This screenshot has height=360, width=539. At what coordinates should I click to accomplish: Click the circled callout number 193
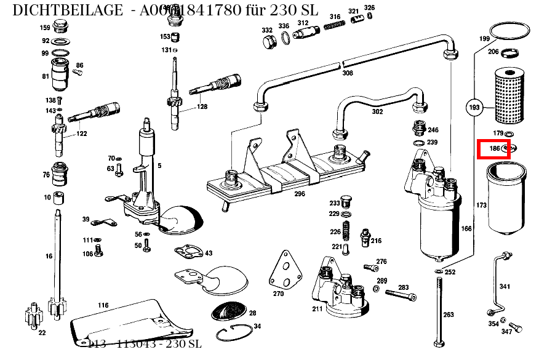474,108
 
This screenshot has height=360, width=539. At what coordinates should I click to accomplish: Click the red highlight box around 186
494,149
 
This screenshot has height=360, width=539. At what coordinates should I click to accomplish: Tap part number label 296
299,193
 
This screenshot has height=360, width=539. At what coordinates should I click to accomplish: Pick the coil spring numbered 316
334,26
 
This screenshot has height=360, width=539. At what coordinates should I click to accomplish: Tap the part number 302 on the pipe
377,112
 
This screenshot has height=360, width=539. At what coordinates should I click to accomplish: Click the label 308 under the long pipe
348,73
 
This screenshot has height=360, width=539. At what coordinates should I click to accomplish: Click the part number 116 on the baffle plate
103,305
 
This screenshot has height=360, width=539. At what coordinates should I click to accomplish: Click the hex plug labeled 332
269,42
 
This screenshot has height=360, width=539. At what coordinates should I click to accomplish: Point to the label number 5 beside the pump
159,166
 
